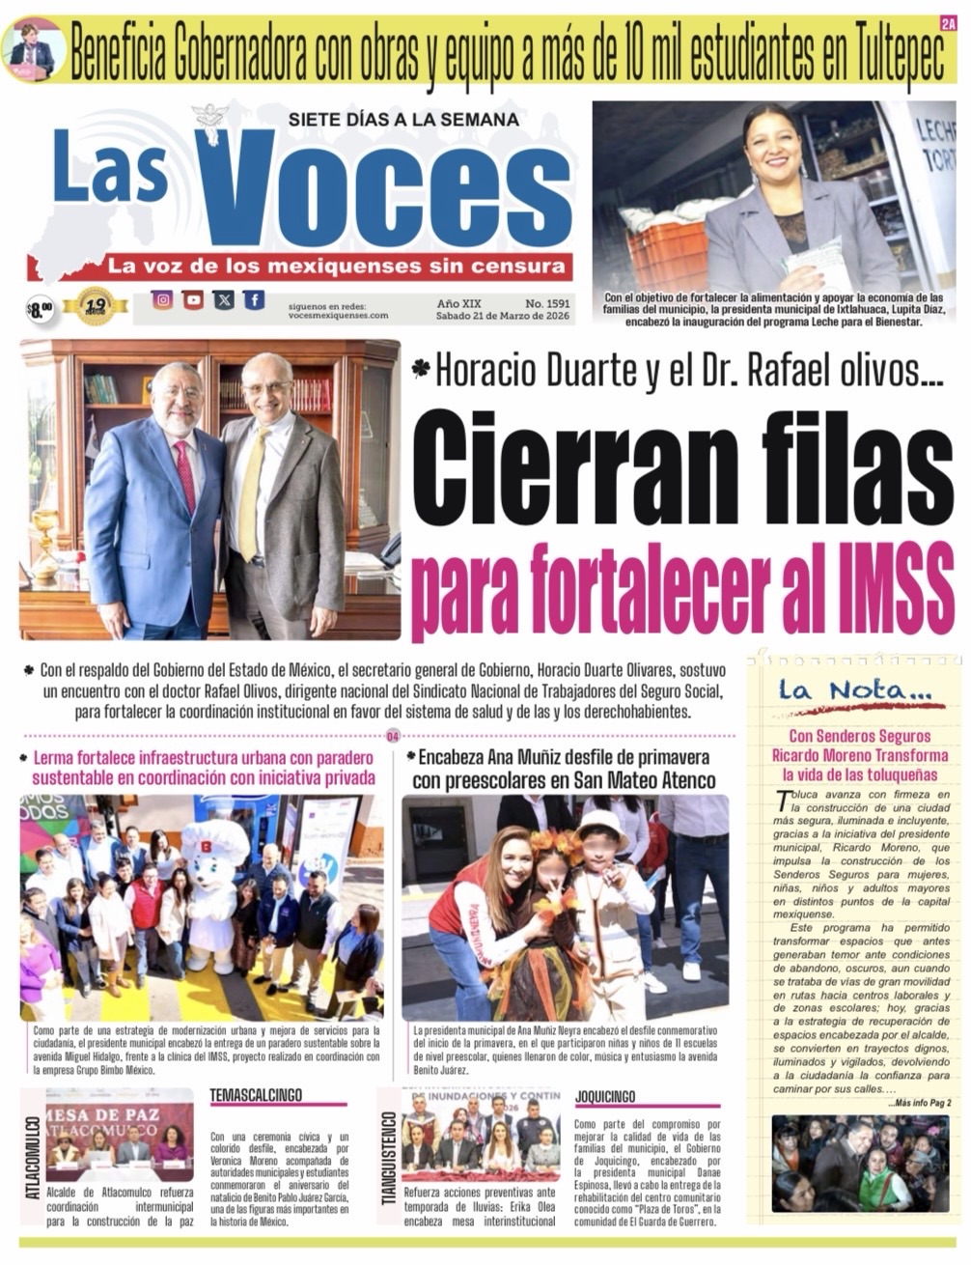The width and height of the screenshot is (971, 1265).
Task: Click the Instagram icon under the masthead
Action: pyautogui.click(x=163, y=300)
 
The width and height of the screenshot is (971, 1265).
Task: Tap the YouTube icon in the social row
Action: pyautogui.click(x=193, y=300)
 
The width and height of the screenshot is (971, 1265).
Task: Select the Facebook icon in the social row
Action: pyautogui.click(x=253, y=300)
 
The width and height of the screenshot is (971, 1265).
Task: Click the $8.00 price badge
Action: pyautogui.click(x=40, y=309)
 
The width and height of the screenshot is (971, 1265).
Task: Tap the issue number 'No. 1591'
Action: pyautogui.click(x=547, y=302)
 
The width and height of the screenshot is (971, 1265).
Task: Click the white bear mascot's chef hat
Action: pyautogui.click(x=215, y=838)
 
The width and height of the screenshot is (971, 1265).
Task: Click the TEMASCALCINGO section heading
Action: pyautogui.click(x=255, y=1095)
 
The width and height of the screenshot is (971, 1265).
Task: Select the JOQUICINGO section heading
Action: pyautogui.click(x=605, y=1096)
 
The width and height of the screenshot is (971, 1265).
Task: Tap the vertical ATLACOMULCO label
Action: pyautogui.click(x=33, y=1158)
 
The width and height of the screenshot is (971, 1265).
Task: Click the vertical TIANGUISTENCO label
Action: pyautogui.click(x=389, y=1158)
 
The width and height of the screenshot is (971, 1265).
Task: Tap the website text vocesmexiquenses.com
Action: pyautogui.click(x=338, y=315)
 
